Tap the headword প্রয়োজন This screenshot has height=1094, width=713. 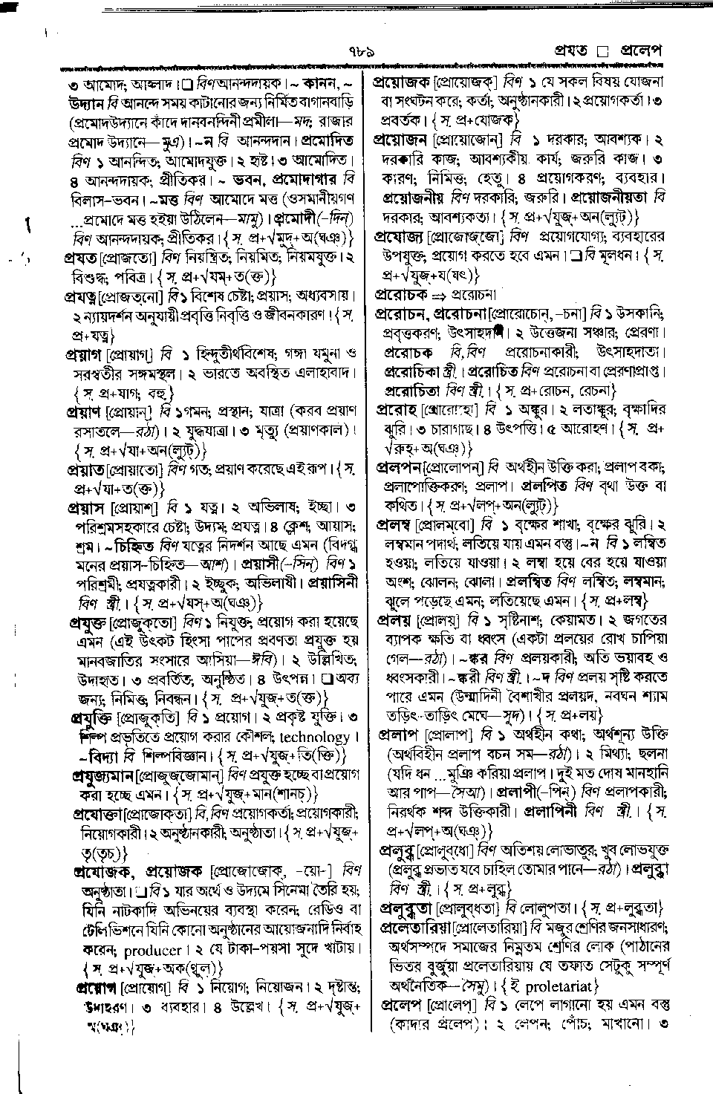click(x=400, y=139)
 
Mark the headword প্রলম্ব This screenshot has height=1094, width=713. click(x=394, y=524)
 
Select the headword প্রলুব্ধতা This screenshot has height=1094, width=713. click(x=407, y=908)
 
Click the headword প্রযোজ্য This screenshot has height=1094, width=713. click(x=399, y=236)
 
